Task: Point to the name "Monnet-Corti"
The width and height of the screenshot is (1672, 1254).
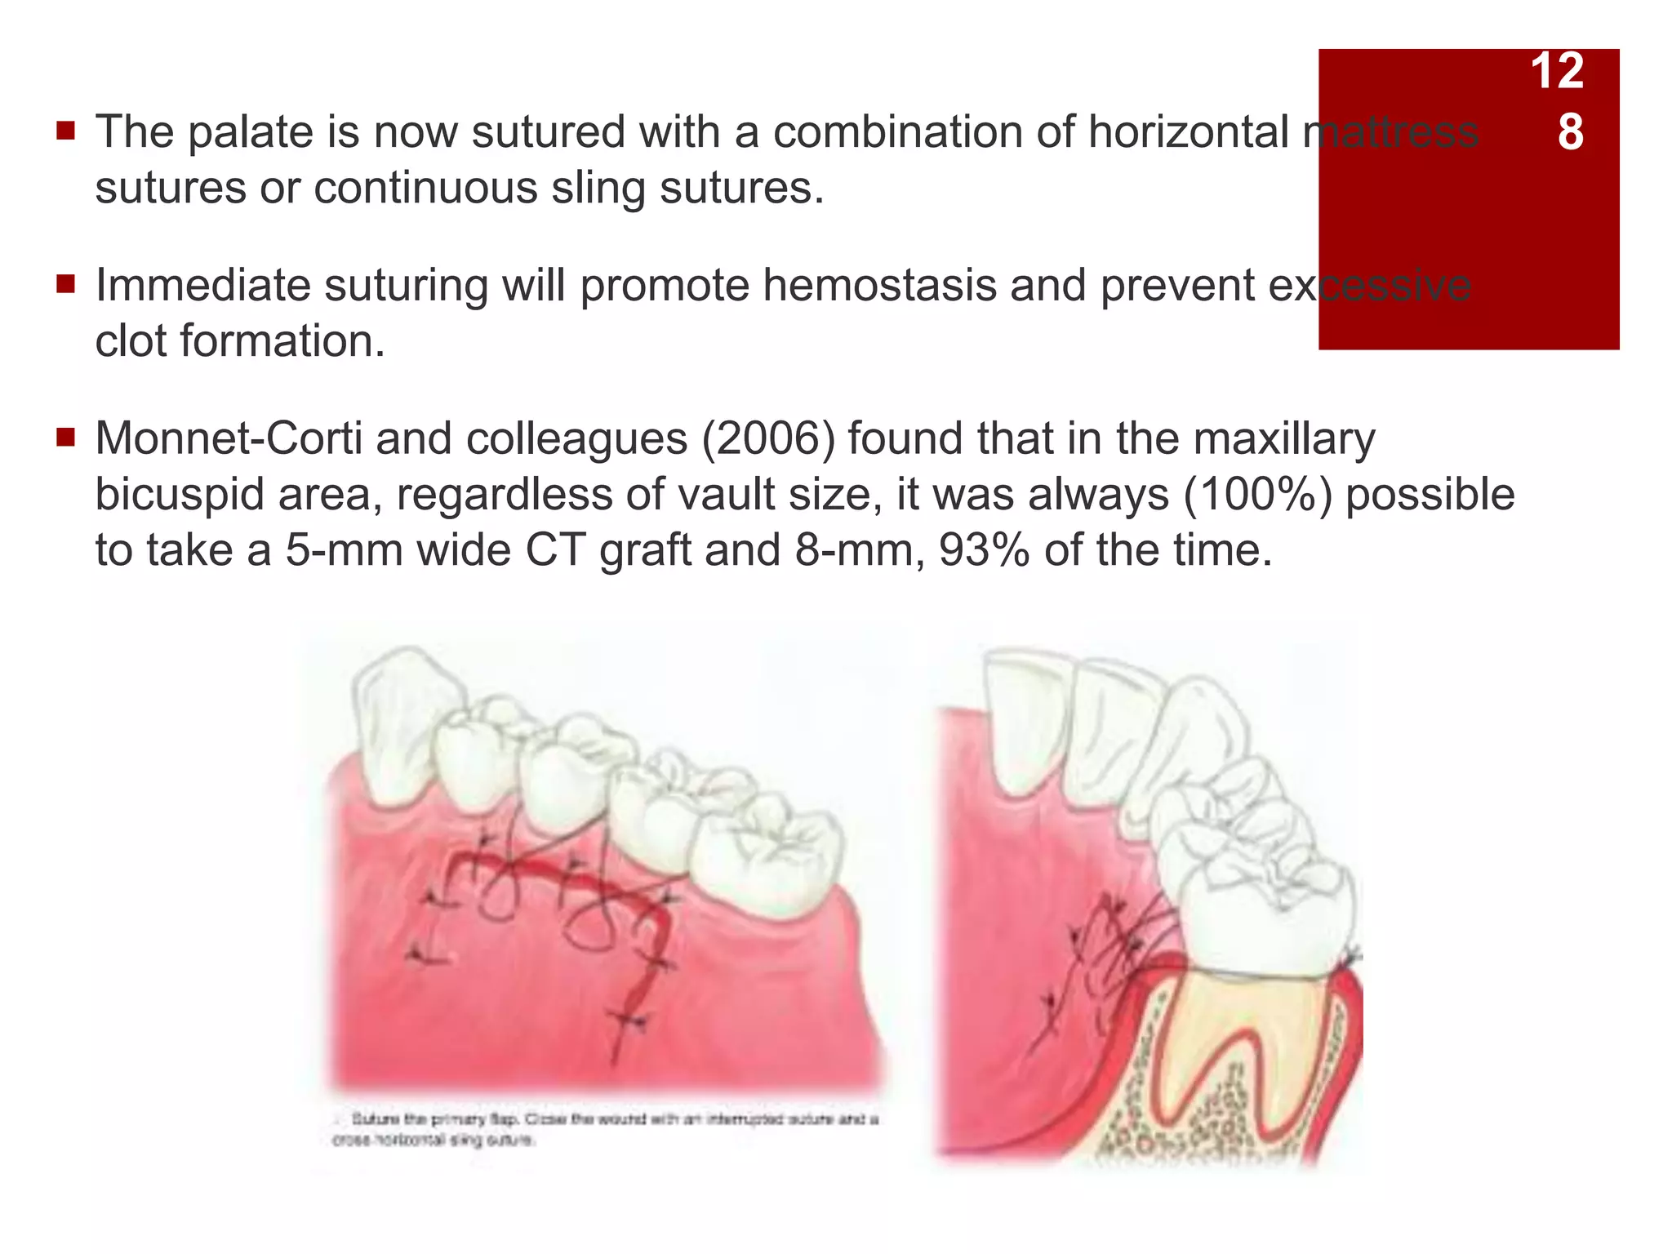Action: click(x=229, y=438)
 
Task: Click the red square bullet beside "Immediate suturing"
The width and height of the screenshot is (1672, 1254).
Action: click(x=66, y=285)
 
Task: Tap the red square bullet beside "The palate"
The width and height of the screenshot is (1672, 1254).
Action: click(x=66, y=131)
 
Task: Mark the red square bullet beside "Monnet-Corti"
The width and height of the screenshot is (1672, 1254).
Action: click(x=66, y=438)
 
